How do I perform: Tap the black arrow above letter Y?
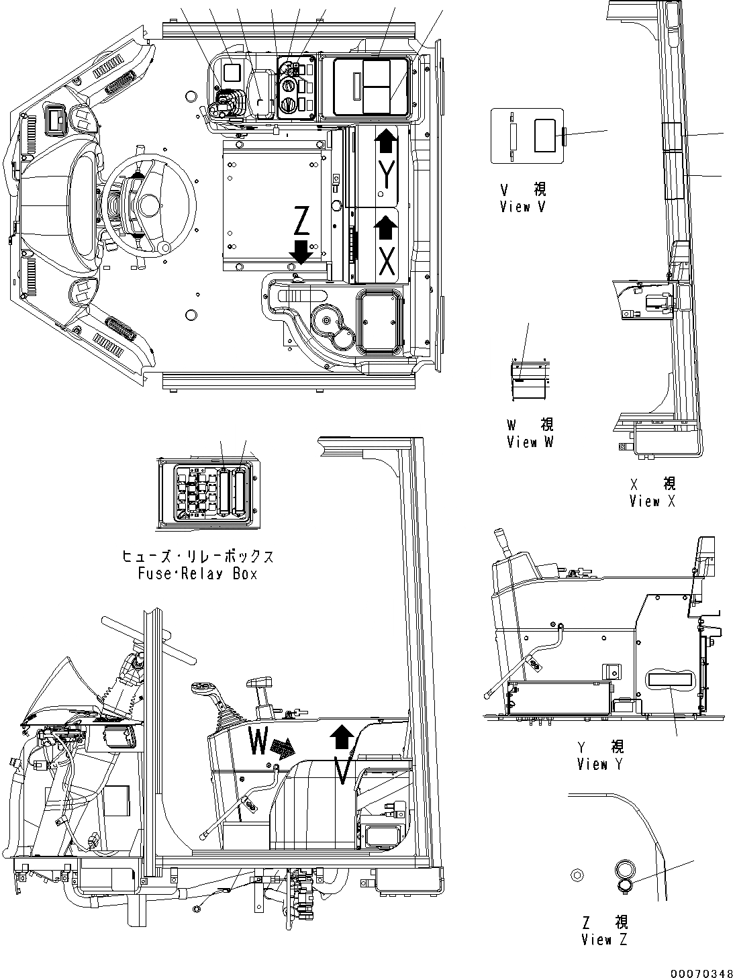point(385,142)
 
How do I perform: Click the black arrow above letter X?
point(385,227)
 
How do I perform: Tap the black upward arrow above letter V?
point(342,737)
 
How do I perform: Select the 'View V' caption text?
point(523,207)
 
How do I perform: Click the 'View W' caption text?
point(530,442)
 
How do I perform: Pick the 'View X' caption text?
point(653,501)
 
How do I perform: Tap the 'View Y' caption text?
point(601,765)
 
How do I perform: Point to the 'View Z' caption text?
point(605,940)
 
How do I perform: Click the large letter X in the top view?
point(386,261)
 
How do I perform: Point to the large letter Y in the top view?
point(386,175)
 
